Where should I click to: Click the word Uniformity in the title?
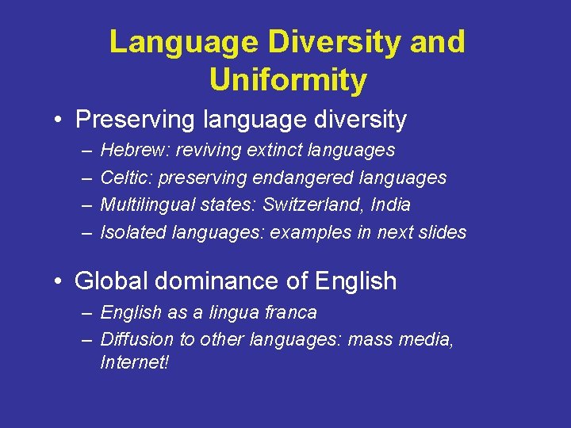click(x=288, y=80)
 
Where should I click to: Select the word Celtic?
click(x=123, y=178)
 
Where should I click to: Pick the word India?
click(x=391, y=204)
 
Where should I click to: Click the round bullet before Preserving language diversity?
click(x=59, y=120)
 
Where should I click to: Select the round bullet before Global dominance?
click(x=59, y=281)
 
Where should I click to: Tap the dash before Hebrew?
click(x=85, y=151)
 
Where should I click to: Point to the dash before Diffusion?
click(x=85, y=340)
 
